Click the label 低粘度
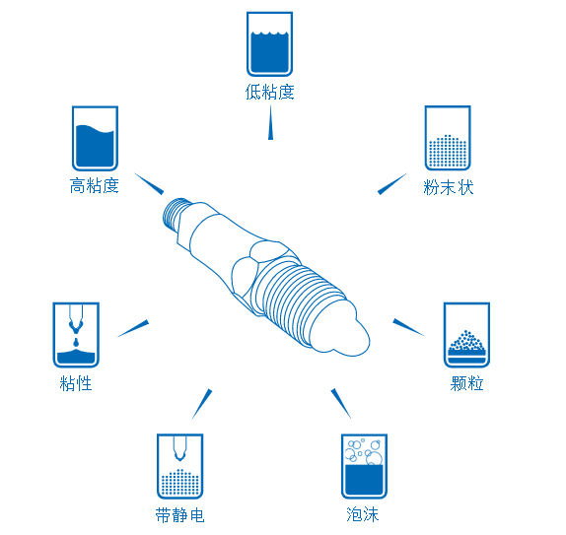269,92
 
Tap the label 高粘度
95,186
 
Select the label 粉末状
449,187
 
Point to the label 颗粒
466,383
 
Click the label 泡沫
363,514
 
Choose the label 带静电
179,514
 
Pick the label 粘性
76,383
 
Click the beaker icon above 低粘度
269,44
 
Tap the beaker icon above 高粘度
95,138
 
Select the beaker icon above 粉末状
448,138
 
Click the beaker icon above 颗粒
466,335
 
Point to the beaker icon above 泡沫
364,466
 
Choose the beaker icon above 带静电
180,466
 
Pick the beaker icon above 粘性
76,335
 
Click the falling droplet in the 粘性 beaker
76,342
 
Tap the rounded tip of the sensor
352,336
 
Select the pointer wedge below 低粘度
270,122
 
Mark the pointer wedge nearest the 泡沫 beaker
340,403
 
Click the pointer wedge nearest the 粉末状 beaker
392,183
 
